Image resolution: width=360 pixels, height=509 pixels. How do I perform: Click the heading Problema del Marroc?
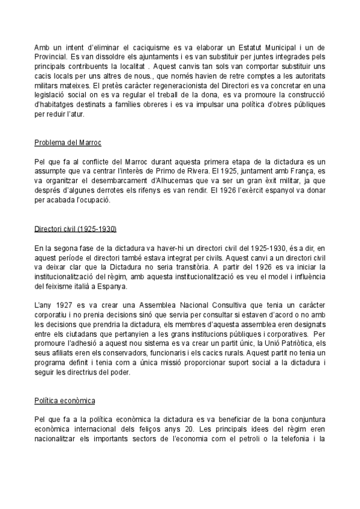67,143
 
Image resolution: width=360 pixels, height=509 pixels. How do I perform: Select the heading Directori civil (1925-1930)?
75,229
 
